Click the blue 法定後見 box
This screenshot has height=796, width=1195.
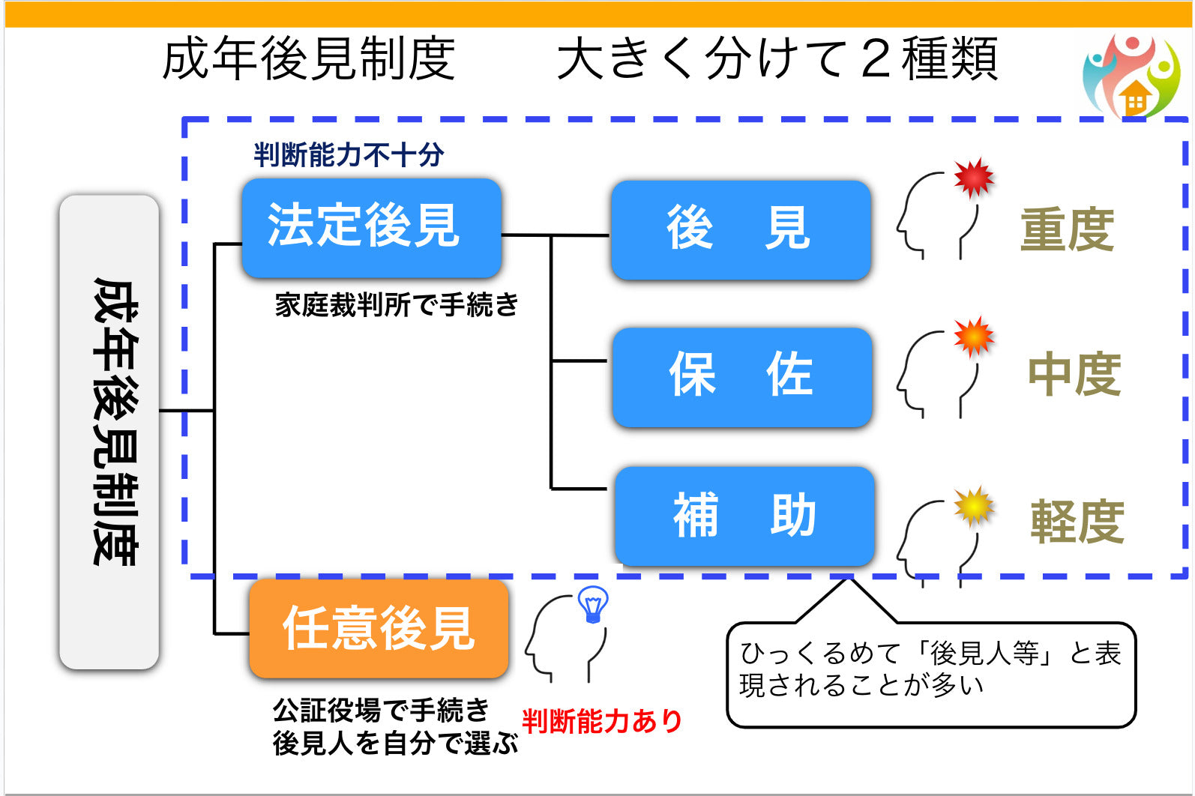tap(371, 228)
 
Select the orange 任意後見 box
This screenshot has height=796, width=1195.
tap(379, 628)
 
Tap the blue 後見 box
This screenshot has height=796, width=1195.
tap(741, 230)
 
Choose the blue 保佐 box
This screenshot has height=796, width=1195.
tap(742, 377)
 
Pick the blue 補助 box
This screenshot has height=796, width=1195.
tap(744, 516)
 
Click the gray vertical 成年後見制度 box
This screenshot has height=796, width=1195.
tap(109, 432)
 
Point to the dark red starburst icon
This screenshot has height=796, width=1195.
tap(974, 177)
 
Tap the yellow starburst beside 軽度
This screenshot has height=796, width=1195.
tap(974, 506)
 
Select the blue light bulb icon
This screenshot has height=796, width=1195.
tap(593, 604)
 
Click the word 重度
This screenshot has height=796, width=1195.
tap(1067, 229)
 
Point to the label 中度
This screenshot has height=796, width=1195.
tap(1074, 374)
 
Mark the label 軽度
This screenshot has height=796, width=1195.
tap(1077, 522)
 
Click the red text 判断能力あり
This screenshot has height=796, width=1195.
tap(602, 721)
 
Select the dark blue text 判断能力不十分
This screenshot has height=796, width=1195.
tap(349, 155)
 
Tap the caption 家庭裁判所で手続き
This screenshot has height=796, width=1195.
tap(397, 305)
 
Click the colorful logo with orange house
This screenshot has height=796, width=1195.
tap(1131, 76)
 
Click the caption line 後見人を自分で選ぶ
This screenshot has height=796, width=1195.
tap(395, 744)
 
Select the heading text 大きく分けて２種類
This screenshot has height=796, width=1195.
tap(777, 58)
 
